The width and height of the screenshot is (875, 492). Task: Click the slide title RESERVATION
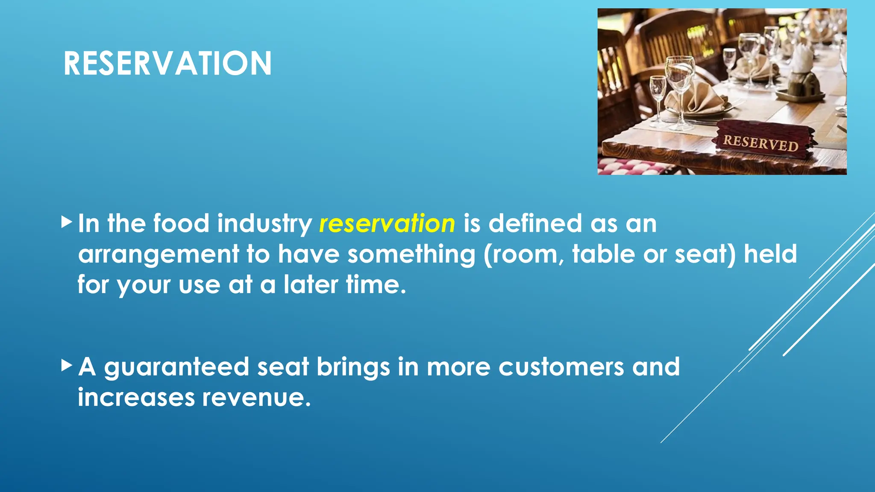[167, 64]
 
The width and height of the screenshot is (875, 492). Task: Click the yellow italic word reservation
[387, 223]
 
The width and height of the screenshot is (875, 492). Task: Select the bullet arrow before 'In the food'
[67, 222]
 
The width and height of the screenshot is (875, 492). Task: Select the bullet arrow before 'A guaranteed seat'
[67, 365]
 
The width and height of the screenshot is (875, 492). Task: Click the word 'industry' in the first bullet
[264, 223]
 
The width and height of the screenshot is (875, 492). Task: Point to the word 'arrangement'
[159, 255]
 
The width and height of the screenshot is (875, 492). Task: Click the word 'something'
[411, 255]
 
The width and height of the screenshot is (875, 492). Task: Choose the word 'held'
[770, 254]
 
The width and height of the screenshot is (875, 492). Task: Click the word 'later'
[311, 284]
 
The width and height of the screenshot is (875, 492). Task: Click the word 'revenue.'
[256, 398]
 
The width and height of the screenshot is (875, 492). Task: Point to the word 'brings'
[353, 367]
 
